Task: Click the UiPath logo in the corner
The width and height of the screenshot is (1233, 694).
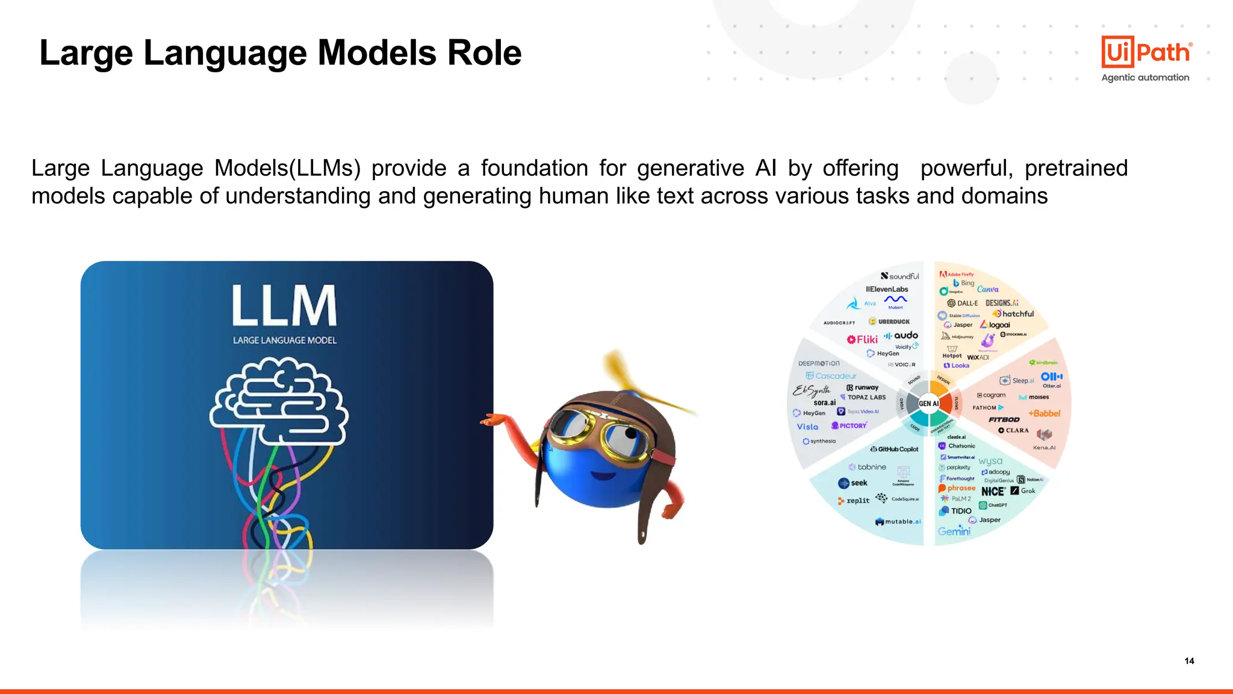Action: click(1146, 52)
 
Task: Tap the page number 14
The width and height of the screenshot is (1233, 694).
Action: click(1189, 661)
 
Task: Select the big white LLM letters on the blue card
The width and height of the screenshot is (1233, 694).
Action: click(284, 305)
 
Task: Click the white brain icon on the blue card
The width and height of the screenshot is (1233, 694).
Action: click(279, 401)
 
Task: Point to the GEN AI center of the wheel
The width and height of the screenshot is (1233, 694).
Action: click(929, 403)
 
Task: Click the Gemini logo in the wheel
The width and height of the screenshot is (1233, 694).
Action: click(954, 531)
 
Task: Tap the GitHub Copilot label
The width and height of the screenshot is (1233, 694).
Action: click(895, 449)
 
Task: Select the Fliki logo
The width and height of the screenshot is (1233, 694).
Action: click(862, 339)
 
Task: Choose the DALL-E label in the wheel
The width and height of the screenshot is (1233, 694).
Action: click(963, 303)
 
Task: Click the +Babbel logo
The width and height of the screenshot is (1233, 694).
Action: click(1044, 413)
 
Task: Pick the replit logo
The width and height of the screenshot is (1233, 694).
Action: click(854, 501)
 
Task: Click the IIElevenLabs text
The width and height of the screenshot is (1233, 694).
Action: click(887, 289)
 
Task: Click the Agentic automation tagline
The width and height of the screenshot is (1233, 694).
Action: click(1145, 78)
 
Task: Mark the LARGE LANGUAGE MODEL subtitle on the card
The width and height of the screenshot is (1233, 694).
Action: click(285, 340)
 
